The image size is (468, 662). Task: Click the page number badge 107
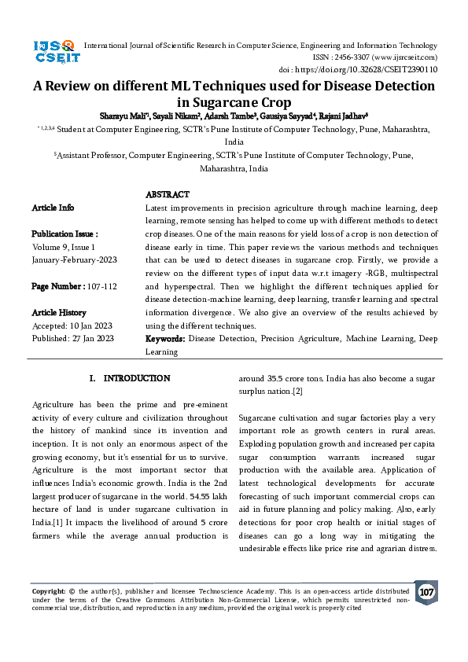pos(426,592)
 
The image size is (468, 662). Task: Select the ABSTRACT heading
pos(168,194)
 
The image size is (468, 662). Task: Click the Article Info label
pos(53,208)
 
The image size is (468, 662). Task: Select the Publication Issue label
pos(64,234)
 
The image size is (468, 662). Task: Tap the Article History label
pos(60,312)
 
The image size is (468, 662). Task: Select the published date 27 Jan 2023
pos(93,339)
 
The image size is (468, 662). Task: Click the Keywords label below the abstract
pos(165,339)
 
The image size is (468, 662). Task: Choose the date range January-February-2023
pos(76,259)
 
